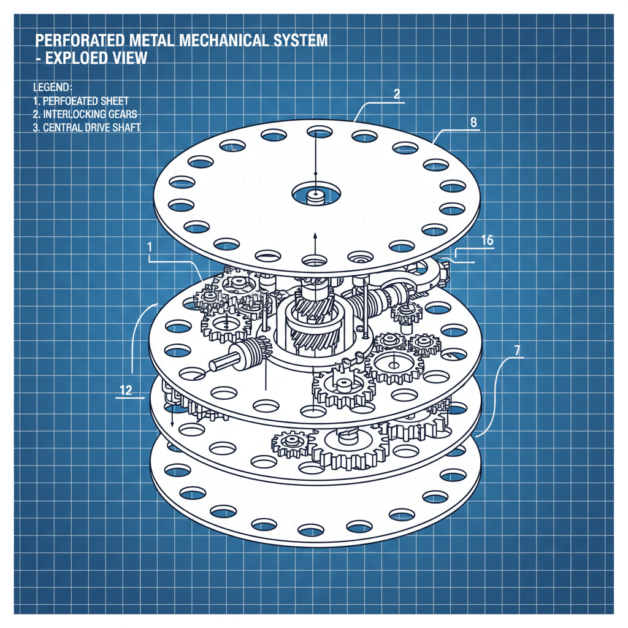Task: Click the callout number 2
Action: pos(397,94)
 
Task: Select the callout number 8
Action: pos(473,122)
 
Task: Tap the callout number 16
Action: pos(488,240)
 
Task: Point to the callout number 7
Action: pos(518,351)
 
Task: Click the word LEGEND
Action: pos(52,87)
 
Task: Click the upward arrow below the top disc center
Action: pos(315,236)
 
